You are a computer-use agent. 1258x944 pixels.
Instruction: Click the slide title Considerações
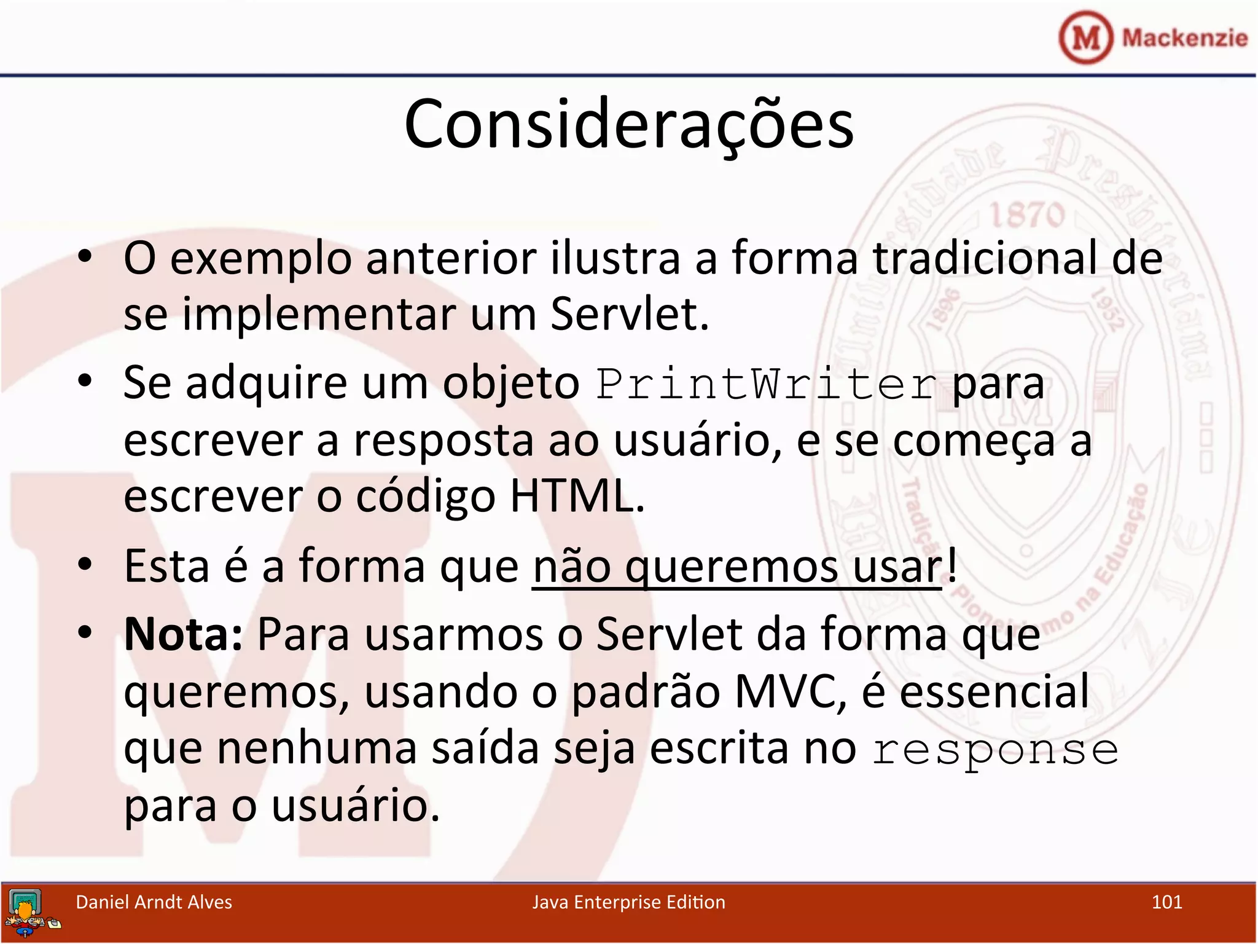pyautogui.click(x=628, y=125)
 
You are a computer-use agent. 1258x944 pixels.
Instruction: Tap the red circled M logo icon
pyautogui.click(x=1085, y=37)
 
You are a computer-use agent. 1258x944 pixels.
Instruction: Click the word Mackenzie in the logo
pyautogui.click(x=1184, y=38)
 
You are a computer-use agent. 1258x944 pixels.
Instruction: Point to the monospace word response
pyautogui.click(x=995, y=750)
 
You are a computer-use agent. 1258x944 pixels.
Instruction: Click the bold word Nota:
pyautogui.click(x=184, y=634)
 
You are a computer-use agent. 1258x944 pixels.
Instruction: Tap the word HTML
pyautogui.click(x=577, y=496)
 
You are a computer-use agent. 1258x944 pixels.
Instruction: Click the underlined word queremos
pyautogui.click(x=731, y=567)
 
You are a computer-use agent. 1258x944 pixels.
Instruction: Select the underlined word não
pyautogui.click(x=571, y=567)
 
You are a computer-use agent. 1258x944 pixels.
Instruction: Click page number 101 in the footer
pyautogui.click(x=1166, y=902)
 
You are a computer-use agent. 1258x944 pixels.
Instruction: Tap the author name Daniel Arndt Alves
pyautogui.click(x=154, y=902)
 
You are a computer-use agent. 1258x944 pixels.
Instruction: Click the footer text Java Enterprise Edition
pyautogui.click(x=628, y=902)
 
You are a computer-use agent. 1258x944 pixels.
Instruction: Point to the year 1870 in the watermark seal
pyautogui.click(x=1027, y=215)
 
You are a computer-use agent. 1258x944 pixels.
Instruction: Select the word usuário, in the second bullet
pyautogui.click(x=698, y=441)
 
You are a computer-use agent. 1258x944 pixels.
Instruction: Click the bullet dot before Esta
pyautogui.click(x=85, y=564)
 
